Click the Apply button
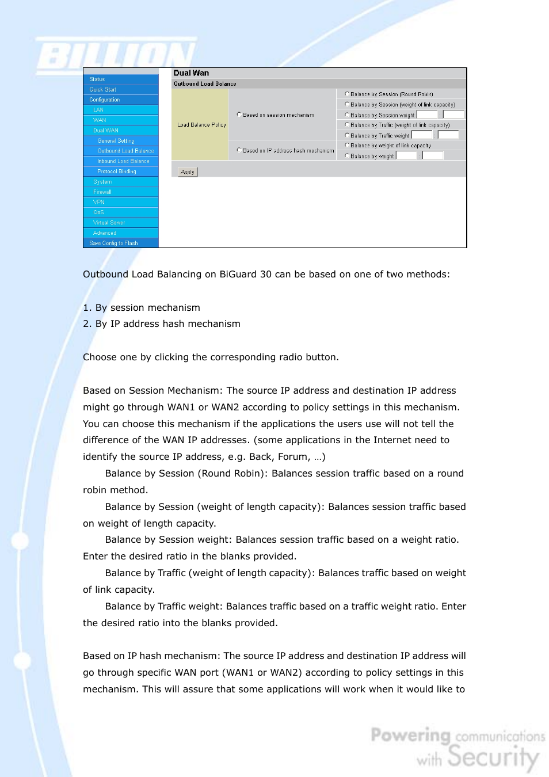tap(188, 172)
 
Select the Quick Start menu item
tap(103, 90)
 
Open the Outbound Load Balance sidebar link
tap(125, 151)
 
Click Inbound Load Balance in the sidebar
tap(123, 161)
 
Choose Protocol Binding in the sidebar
tap(117, 172)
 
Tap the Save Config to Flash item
tap(113, 243)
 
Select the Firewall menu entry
tap(102, 192)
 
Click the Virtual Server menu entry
tap(109, 223)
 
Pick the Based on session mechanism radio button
tap(239, 115)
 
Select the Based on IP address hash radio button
tap(239, 150)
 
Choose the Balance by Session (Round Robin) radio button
tap(347, 94)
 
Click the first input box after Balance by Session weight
tap(427, 115)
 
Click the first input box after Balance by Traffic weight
tap(421, 135)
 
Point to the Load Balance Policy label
tap(201, 125)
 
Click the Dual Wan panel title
tap(191, 73)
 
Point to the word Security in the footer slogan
tap(493, 757)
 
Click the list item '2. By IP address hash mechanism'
tap(162, 324)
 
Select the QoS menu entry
tap(98, 212)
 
